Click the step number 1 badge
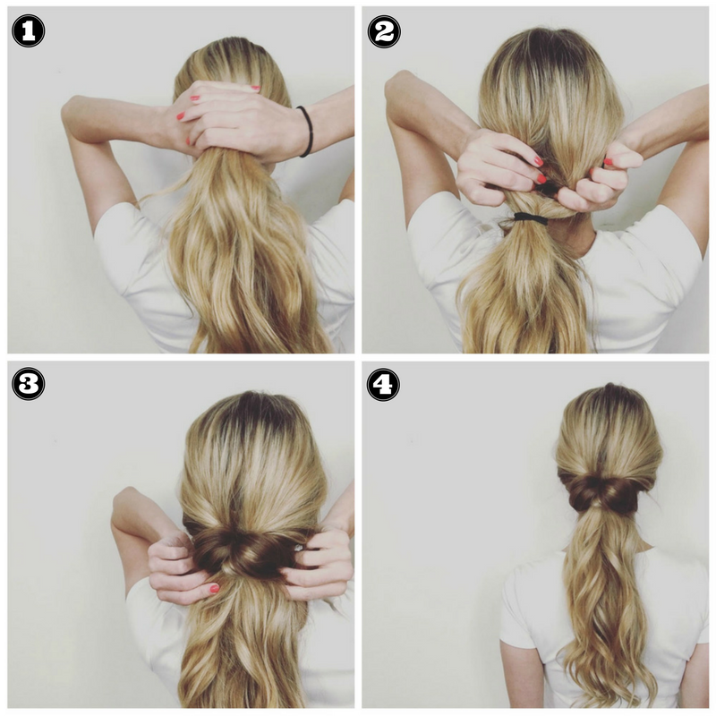tap(28, 31)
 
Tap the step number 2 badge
tap(383, 31)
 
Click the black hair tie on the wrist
tap(306, 131)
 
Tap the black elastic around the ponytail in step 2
tap(530, 217)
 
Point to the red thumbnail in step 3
tap(214, 588)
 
